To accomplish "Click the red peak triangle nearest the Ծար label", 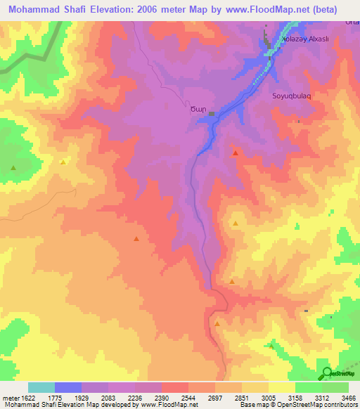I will pyautogui.click(x=236, y=152).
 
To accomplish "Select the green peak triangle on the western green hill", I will pyautogui.click(x=13, y=167).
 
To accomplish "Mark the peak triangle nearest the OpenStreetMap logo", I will pyautogui.click(x=271, y=346).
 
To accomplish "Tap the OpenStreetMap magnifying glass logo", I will pyautogui.click(x=327, y=373).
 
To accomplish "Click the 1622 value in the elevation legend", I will pyautogui.click(x=27, y=397).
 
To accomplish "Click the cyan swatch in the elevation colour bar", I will pyautogui.click(x=41, y=387).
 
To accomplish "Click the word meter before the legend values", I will pyautogui.click(x=10, y=397).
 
